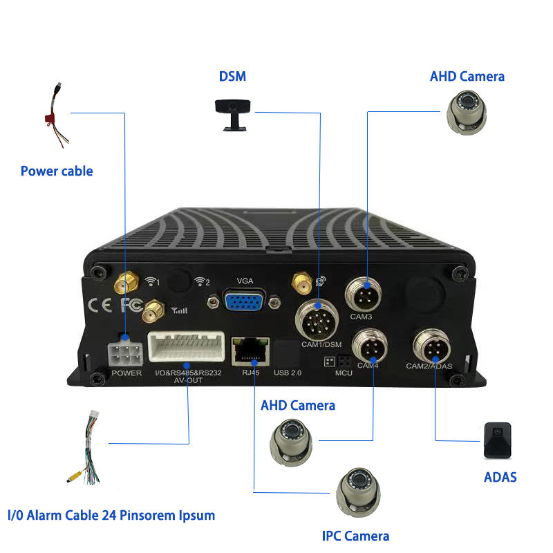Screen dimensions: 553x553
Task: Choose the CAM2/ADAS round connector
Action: (x=432, y=344)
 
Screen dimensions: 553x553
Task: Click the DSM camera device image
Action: (x=232, y=111)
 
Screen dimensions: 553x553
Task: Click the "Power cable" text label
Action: (x=57, y=171)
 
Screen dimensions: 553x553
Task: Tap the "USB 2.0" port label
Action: (x=289, y=373)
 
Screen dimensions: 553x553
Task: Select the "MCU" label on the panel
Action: (x=344, y=373)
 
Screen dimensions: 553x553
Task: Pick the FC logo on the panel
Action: (x=131, y=303)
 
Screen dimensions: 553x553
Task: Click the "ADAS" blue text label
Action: (x=500, y=476)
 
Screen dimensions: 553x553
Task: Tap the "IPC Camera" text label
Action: (x=355, y=536)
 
